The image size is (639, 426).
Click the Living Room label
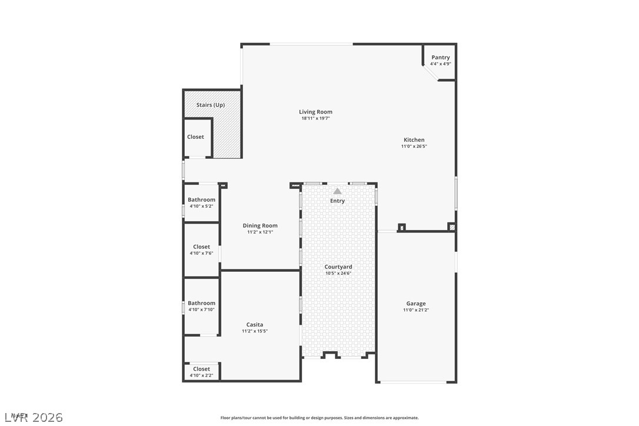[315, 112]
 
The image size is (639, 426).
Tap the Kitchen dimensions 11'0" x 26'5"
[414, 147]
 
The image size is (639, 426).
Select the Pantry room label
[440, 58]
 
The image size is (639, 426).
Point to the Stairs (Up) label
[211, 105]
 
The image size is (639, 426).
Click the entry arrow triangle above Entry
[337, 191]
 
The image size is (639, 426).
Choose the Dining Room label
[260, 226]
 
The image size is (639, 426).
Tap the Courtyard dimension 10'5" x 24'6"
[338, 273]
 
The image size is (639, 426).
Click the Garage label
[415, 304]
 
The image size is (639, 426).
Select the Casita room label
[255, 325]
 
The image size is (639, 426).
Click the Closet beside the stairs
[195, 137]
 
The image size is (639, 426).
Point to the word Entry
[337, 201]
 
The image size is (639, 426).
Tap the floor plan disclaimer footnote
[319, 418]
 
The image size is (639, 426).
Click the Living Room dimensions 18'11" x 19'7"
[316, 118]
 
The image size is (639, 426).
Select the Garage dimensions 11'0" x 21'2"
[415, 310]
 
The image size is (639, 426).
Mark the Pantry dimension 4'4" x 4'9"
[440, 64]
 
